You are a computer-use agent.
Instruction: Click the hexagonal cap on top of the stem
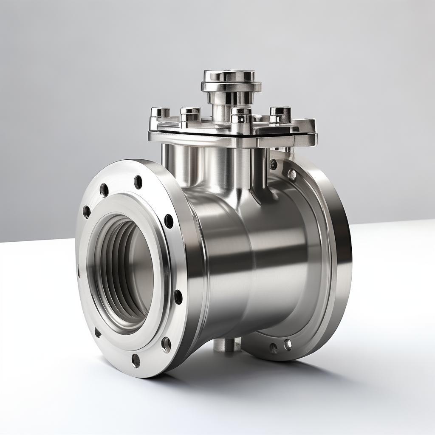click(x=229, y=76)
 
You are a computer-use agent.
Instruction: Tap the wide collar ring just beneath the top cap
click(x=231, y=87)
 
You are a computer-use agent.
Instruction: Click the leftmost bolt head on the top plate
click(x=160, y=113)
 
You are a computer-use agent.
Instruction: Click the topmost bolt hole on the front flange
click(x=138, y=182)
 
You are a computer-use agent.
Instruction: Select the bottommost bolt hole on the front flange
click(x=136, y=360)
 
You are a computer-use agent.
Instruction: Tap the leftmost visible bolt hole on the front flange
click(x=87, y=212)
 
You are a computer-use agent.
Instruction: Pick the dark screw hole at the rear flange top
click(x=273, y=164)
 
